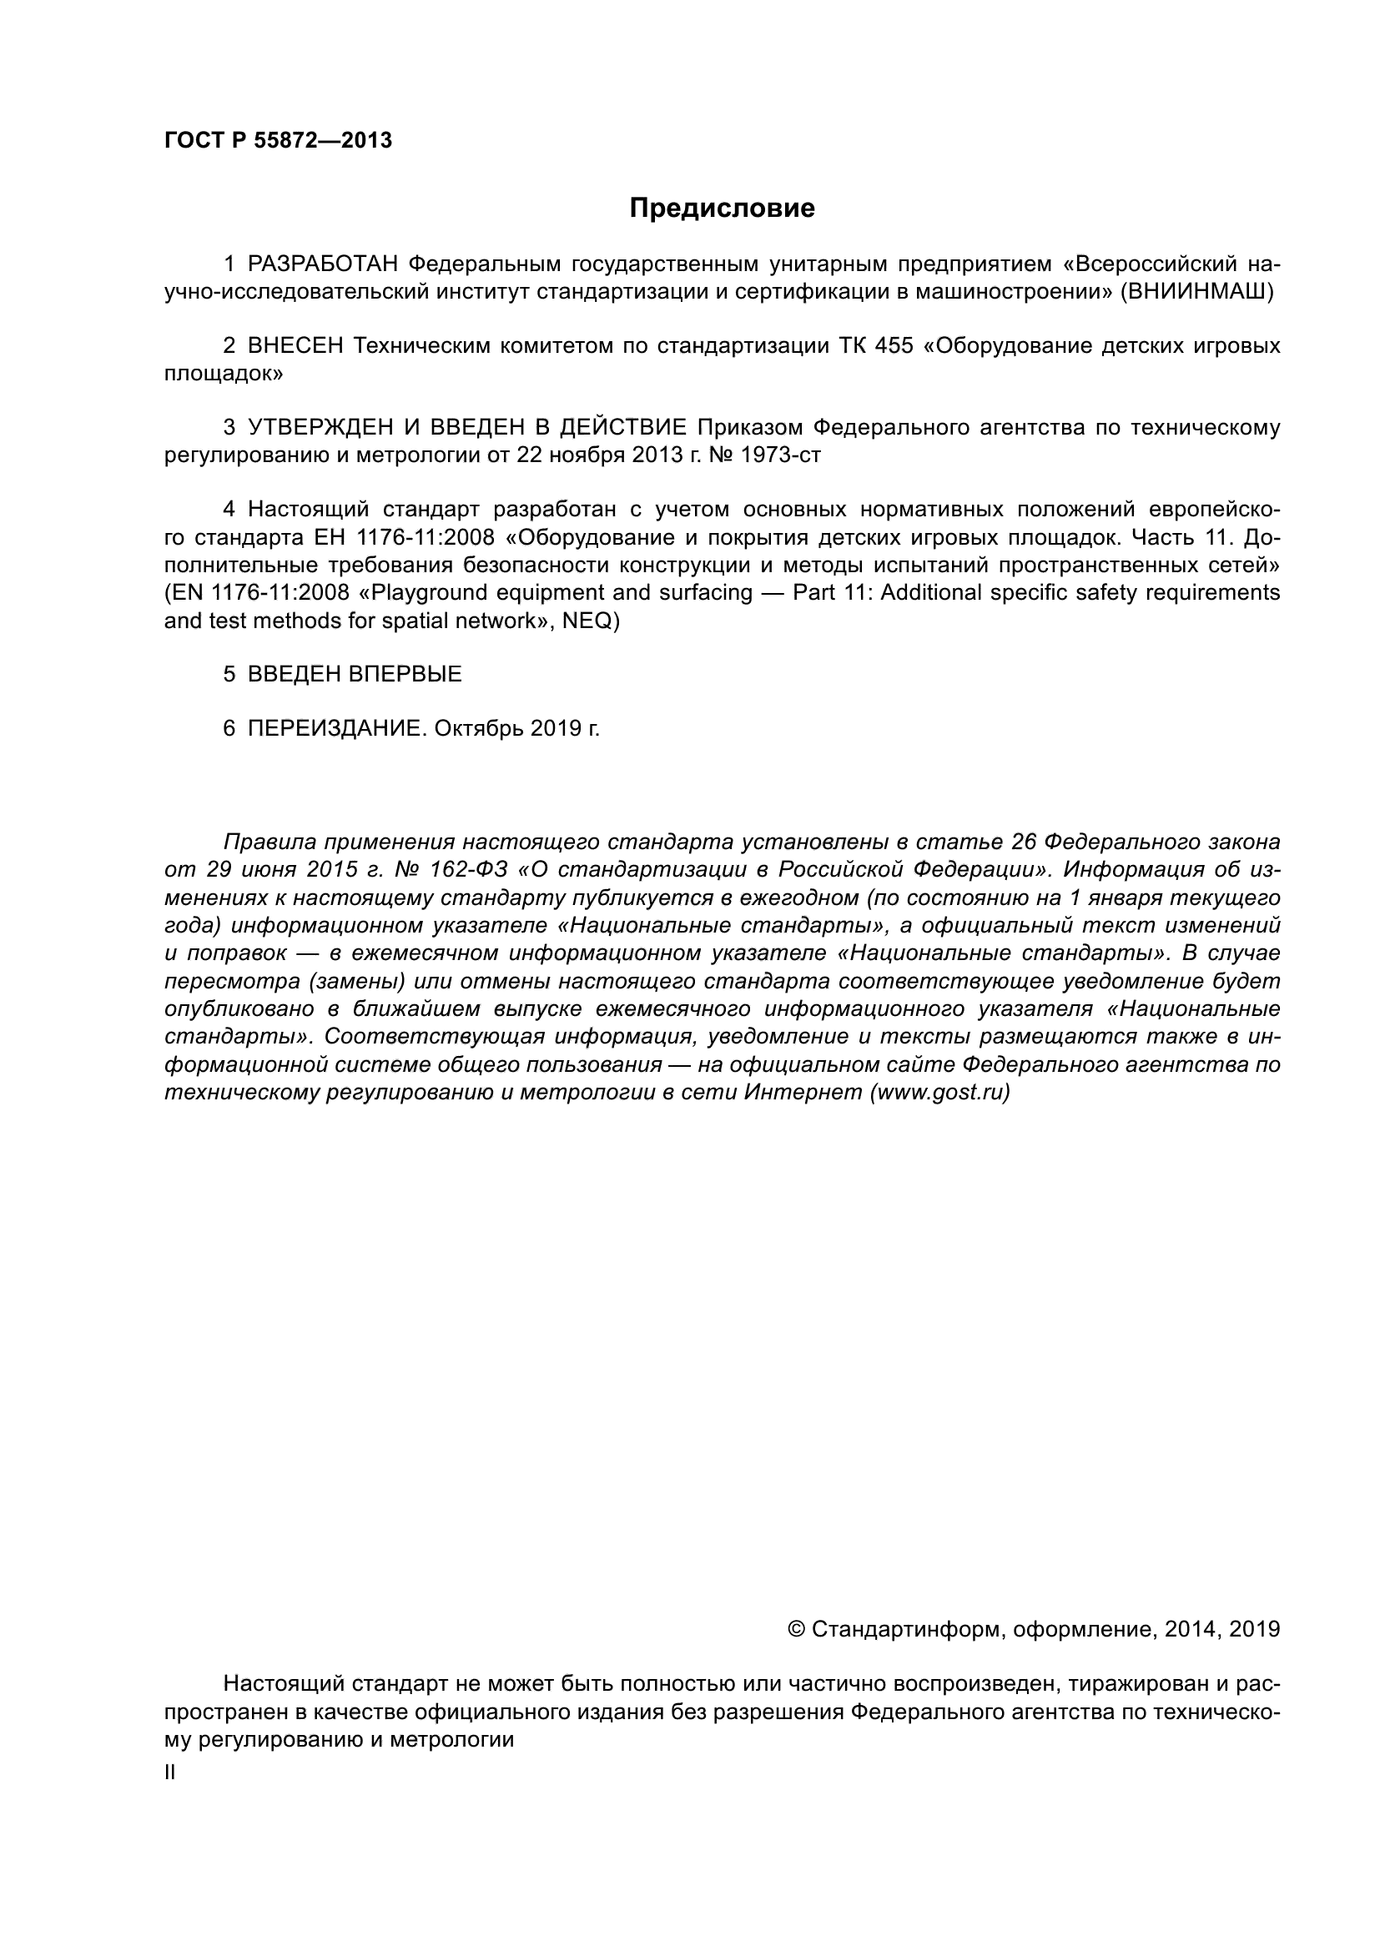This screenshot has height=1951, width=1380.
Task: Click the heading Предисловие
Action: point(722,209)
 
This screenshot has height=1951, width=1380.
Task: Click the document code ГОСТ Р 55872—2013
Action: point(278,141)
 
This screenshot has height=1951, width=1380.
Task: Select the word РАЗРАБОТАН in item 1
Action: point(322,264)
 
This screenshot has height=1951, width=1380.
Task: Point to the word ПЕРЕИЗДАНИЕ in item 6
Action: point(334,728)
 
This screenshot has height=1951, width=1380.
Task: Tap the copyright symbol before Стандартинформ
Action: point(796,1629)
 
